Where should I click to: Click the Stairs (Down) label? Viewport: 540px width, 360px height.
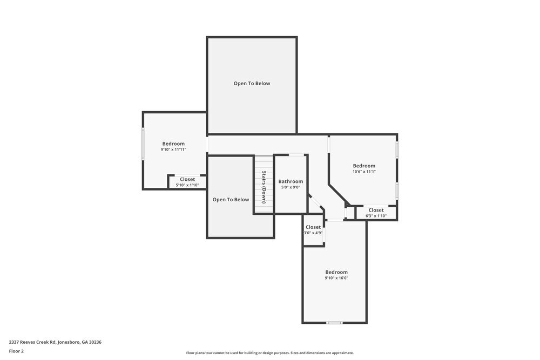click(264, 187)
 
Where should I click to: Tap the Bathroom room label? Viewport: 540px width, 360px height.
click(291, 181)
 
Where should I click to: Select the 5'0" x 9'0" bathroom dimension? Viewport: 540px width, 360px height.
click(291, 187)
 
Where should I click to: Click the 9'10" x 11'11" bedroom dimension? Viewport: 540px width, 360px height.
click(173, 150)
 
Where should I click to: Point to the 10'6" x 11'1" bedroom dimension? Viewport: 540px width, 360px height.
click(364, 172)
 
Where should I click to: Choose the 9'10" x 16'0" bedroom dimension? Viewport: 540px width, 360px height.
click(336, 278)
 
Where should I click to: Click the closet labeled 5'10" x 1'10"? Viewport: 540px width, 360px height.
click(187, 182)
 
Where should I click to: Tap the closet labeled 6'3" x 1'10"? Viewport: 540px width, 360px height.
click(376, 213)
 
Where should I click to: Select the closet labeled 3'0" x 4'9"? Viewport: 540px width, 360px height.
click(313, 230)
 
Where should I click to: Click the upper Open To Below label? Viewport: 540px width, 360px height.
click(252, 84)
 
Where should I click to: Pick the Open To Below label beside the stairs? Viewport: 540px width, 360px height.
click(231, 200)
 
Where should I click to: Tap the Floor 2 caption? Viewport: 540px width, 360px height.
click(16, 351)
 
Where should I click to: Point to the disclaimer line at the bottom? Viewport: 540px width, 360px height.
click(270, 352)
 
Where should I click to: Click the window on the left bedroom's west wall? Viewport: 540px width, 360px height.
click(143, 144)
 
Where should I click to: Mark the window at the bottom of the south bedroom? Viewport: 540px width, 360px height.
click(334, 323)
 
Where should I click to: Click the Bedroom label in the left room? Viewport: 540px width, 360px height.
click(173, 144)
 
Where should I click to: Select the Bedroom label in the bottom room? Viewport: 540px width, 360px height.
click(336, 272)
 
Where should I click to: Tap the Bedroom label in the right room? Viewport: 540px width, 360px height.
click(364, 166)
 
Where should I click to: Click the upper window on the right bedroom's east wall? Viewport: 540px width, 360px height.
click(397, 150)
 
